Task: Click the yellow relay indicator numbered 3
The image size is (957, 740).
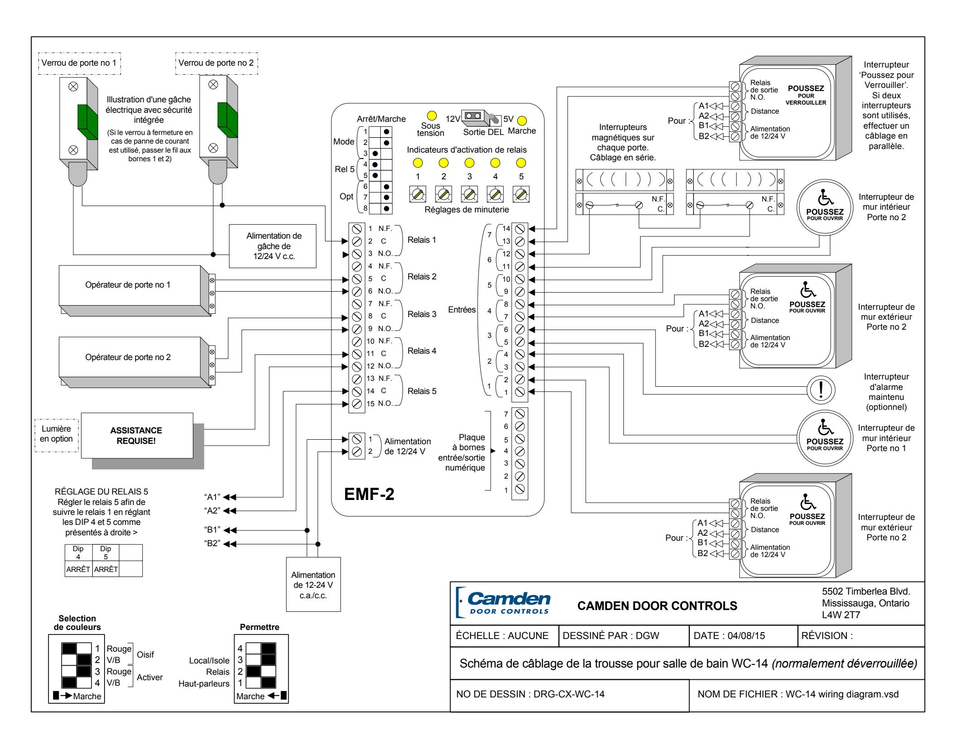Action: pyautogui.click(x=469, y=162)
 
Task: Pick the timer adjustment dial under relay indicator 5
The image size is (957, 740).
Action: pyautogui.click(x=521, y=194)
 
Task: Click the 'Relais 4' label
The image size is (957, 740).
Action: pyautogui.click(x=422, y=351)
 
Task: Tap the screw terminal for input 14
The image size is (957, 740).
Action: pyautogui.click(x=520, y=229)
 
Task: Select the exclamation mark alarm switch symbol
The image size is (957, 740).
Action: pyautogui.click(x=821, y=390)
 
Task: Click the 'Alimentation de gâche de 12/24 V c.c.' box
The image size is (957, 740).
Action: pyautogui.click(x=274, y=246)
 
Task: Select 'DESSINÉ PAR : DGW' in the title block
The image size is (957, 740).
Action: pyautogui.click(x=611, y=636)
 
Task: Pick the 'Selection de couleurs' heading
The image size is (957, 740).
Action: pyautogui.click(x=77, y=623)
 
